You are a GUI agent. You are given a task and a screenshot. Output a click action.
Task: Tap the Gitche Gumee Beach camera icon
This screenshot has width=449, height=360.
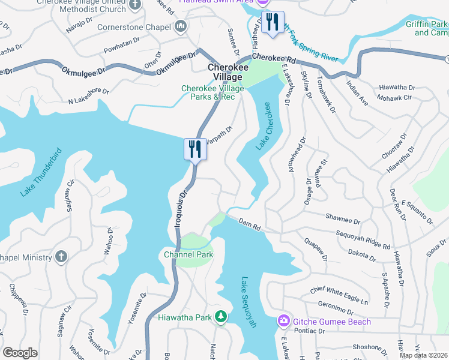point(283,322)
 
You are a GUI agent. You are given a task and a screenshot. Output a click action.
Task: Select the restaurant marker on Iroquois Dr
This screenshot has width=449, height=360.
point(195,149)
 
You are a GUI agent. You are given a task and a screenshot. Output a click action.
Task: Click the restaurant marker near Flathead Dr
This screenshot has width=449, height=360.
point(273,23)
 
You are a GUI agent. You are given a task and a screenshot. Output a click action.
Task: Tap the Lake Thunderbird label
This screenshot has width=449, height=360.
point(41,172)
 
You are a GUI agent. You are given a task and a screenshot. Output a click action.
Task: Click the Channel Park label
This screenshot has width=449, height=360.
point(188,255)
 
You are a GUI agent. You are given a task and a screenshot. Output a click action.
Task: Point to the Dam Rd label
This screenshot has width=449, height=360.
point(249,224)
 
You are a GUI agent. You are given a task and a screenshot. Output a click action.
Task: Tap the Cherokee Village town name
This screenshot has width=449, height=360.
point(226,72)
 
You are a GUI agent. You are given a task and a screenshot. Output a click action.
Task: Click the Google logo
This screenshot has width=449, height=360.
point(20,352)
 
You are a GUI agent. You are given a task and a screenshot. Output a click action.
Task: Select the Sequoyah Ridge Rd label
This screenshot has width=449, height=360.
point(363,239)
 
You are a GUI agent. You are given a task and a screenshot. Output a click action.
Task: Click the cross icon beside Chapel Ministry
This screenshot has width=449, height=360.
point(61,257)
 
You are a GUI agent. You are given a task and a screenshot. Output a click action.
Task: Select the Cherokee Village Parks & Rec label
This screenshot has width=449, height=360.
point(213,93)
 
